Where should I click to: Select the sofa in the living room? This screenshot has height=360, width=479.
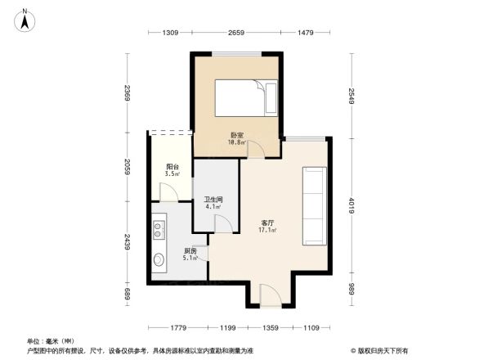315,205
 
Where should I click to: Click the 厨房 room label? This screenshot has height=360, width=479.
189,250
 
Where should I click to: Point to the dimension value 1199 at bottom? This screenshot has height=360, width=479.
227,329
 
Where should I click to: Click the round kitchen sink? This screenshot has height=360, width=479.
159,262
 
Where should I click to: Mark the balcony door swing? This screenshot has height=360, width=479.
169,191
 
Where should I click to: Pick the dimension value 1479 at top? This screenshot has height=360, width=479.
306,33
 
